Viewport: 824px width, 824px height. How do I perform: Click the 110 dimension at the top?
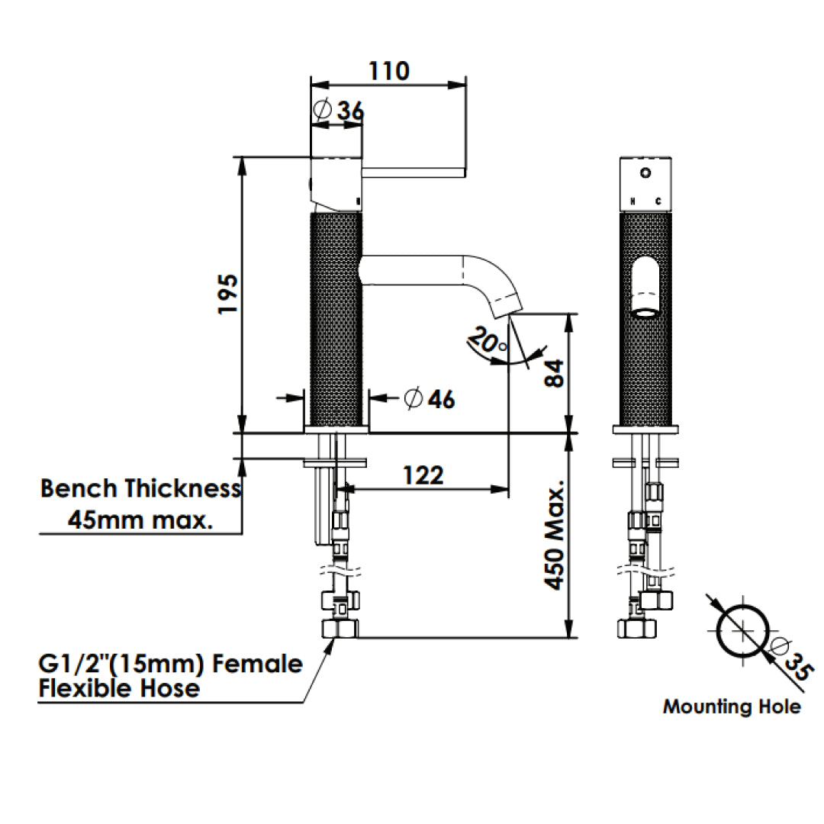(x=389, y=71)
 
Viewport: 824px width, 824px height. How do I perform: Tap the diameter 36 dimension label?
(x=339, y=111)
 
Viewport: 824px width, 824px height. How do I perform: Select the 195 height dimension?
(x=227, y=294)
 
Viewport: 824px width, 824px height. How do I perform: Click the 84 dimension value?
(x=554, y=374)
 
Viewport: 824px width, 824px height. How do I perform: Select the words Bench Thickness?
(x=140, y=488)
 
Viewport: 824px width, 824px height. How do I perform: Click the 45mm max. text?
(x=140, y=521)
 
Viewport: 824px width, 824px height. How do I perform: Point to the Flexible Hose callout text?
(x=119, y=688)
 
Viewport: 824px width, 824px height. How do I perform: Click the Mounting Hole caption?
(x=732, y=707)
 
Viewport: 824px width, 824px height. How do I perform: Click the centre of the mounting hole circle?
(x=741, y=630)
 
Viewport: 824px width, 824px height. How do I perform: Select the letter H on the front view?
(x=632, y=201)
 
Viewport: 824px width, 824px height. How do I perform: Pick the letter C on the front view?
(x=658, y=201)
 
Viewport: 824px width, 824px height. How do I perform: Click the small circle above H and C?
(x=645, y=172)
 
